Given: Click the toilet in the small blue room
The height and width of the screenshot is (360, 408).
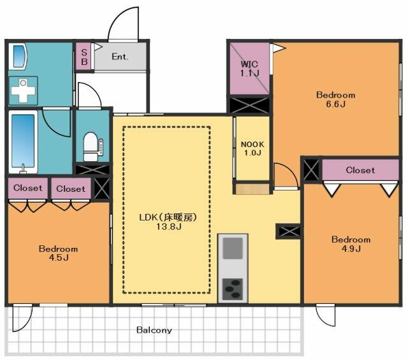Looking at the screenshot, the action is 91,147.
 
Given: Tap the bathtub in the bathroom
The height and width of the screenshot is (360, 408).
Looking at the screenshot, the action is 23,141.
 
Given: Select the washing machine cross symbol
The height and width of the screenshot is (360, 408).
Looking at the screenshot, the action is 23,90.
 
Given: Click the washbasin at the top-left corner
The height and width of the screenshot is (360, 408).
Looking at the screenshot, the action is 18,57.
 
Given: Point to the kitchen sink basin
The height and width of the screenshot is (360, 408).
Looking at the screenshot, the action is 233,248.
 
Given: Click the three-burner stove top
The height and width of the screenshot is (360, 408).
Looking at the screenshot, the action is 233,289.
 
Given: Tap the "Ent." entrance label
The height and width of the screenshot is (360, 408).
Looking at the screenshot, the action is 120,57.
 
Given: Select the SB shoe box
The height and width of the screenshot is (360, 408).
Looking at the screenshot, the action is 84,57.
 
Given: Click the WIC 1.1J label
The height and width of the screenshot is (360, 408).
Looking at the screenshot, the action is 249,68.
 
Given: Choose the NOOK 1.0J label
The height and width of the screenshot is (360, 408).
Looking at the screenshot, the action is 252,148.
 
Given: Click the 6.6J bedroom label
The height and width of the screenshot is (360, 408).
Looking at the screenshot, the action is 336,99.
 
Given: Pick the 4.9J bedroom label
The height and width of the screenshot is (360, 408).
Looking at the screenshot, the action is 351,244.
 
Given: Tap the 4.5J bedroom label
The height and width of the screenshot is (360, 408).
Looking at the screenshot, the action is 59,253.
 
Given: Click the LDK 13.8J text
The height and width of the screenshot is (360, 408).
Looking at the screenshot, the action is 168,222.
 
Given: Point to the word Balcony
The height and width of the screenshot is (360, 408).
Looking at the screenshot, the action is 154,330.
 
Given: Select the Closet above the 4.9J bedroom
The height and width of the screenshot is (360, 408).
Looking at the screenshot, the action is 360,170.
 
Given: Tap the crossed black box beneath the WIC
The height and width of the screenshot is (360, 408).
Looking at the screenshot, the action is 249,105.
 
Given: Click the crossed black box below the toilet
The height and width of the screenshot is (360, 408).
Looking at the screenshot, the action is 92,169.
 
